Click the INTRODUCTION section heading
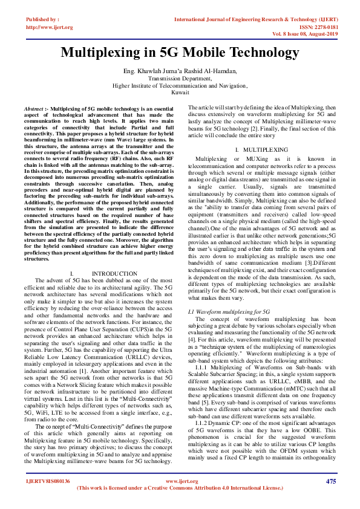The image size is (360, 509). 114,274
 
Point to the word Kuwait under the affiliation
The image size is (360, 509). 180,92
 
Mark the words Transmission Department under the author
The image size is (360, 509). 180,79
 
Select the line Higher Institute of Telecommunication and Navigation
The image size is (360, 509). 180,85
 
